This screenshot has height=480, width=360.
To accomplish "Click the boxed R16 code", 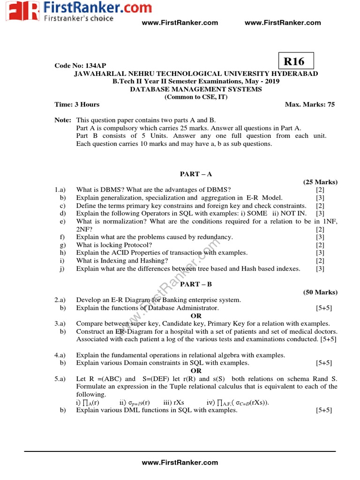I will click(x=295, y=61).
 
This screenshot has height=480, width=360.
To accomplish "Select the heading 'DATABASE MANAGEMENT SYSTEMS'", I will click(x=196, y=89).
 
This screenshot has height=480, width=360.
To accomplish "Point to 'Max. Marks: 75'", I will click(x=310, y=105).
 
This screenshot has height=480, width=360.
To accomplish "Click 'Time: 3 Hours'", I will click(x=77, y=105).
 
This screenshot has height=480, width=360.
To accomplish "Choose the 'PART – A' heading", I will click(x=196, y=174).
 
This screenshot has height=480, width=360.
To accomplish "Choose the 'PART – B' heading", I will click(x=196, y=284).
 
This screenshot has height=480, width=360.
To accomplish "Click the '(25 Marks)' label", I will click(x=320, y=182).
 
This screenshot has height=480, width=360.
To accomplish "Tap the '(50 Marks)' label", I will click(x=320, y=292).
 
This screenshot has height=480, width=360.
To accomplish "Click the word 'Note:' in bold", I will click(x=63, y=120).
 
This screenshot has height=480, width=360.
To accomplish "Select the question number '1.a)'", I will click(x=60, y=190).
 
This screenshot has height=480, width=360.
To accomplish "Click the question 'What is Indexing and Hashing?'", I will click(x=122, y=261).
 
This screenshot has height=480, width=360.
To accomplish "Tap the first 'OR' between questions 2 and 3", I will click(x=196, y=316).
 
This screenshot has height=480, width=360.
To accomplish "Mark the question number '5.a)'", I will click(x=60, y=379).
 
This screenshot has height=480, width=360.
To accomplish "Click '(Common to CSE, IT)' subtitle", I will click(x=196, y=97).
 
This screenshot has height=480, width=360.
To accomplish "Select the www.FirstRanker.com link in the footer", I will click(x=180, y=462).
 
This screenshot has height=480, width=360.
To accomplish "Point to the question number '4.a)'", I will click(x=60, y=355).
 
